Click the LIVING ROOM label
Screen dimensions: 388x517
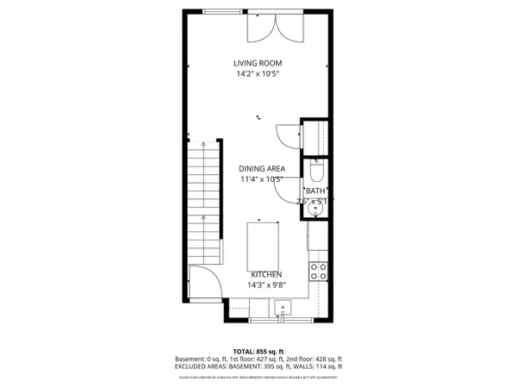point(258,63)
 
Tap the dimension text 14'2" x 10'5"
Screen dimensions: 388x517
point(258,74)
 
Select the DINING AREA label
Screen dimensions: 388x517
point(262,169)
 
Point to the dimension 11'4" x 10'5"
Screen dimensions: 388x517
point(262,180)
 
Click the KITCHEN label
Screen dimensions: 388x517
point(266,274)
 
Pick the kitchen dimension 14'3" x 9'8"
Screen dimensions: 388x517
point(266,285)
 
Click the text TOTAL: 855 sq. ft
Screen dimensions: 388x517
point(258,350)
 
